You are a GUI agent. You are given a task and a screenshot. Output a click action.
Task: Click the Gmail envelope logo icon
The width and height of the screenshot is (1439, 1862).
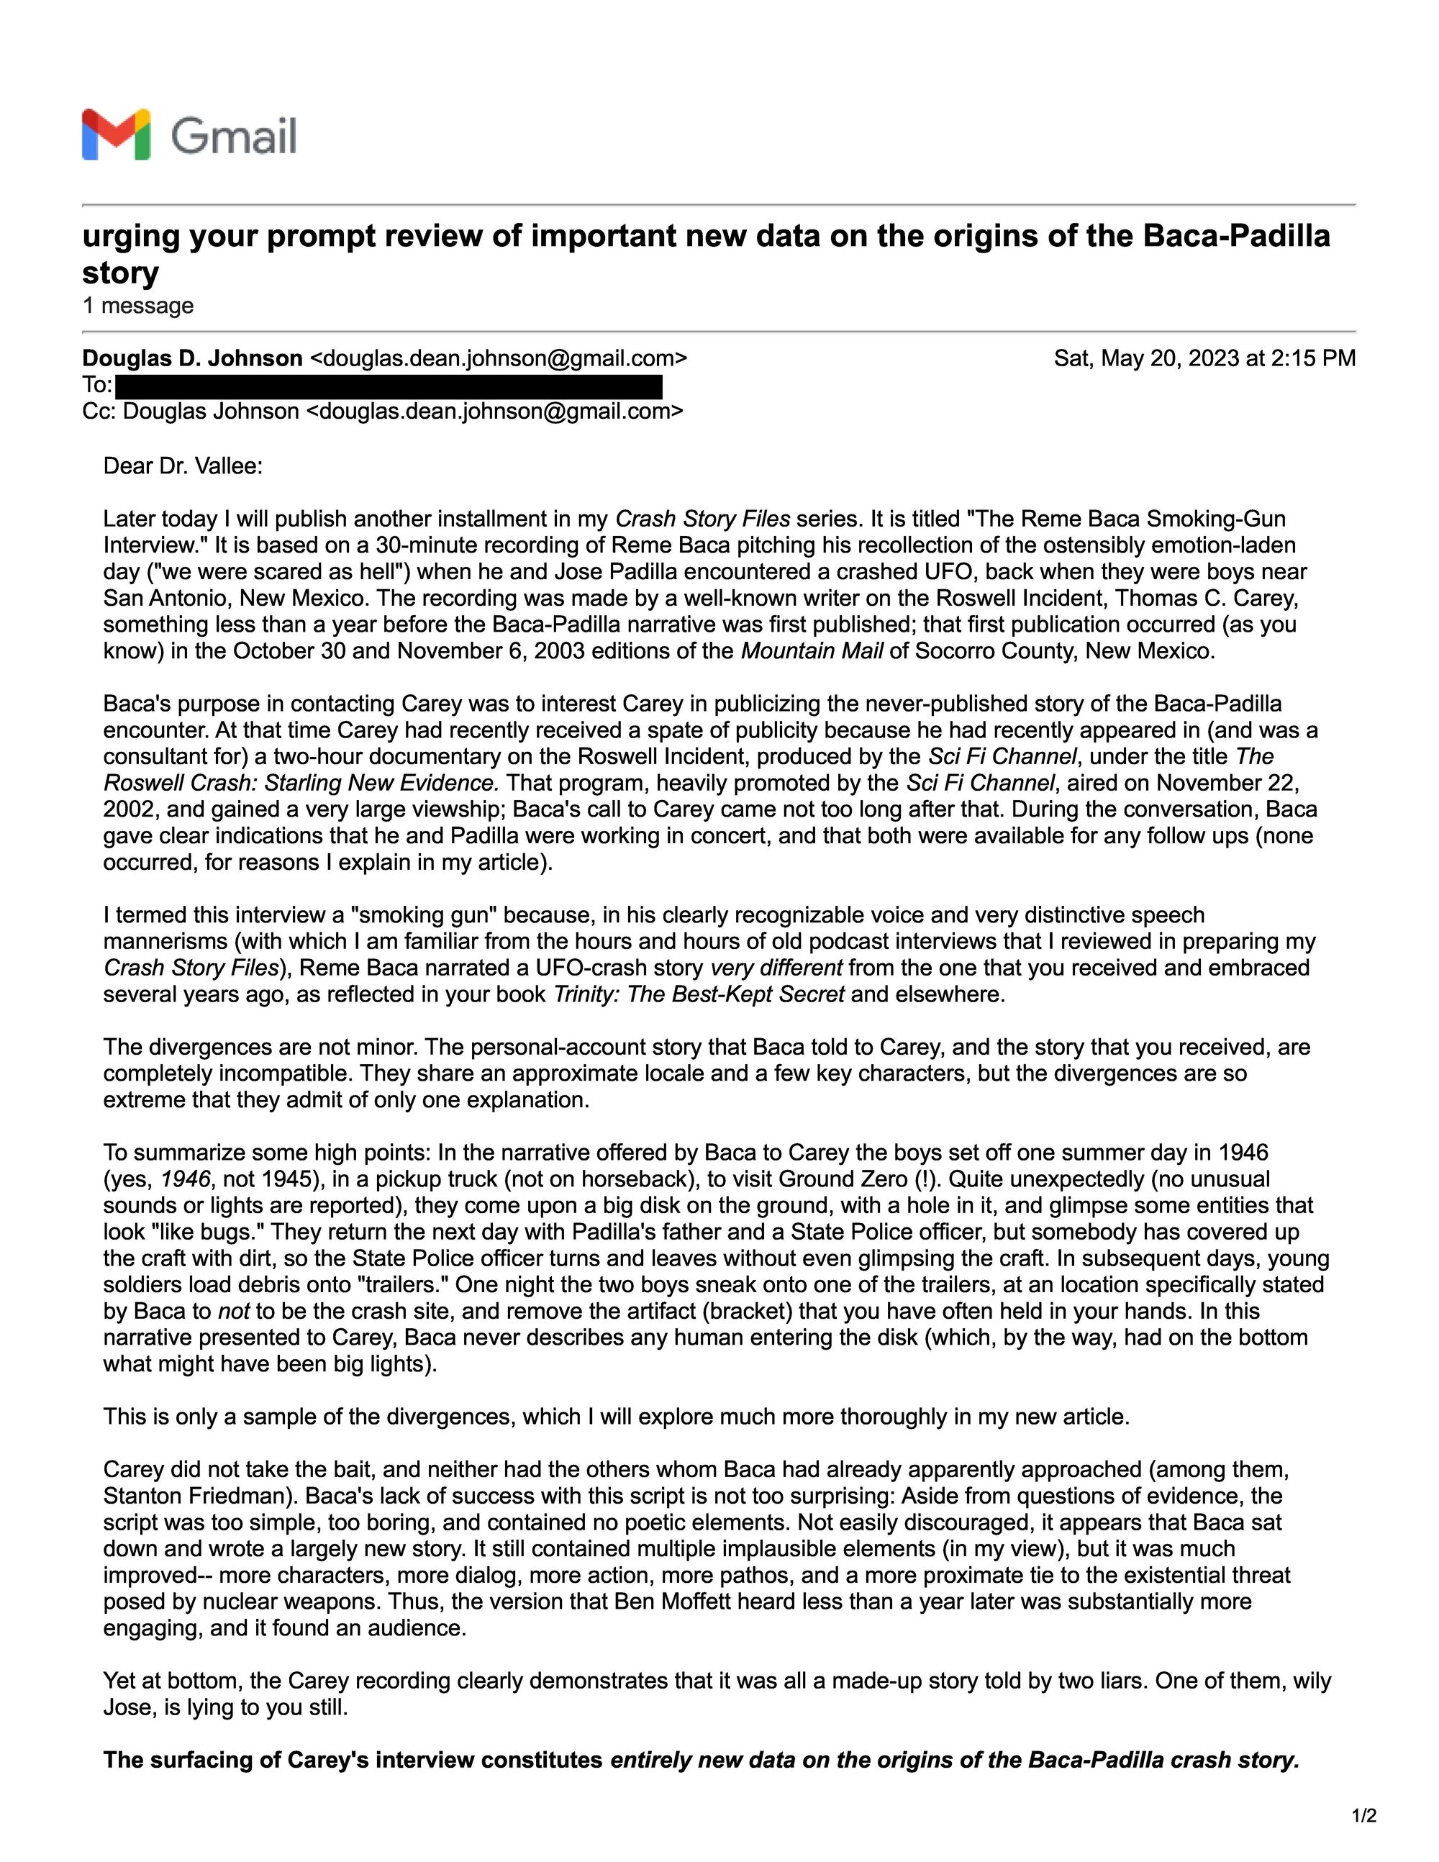(116, 135)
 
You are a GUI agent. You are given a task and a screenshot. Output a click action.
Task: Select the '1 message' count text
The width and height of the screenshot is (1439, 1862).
(138, 305)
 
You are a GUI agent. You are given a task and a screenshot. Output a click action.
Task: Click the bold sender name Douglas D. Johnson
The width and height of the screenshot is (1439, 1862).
(192, 358)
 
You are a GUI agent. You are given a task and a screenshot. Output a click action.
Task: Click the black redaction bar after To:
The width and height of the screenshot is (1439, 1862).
(389, 386)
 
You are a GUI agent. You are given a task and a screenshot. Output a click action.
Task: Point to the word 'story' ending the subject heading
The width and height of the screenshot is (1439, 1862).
(120, 273)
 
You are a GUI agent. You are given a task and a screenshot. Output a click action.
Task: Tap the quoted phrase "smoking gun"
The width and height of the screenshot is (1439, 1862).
(424, 914)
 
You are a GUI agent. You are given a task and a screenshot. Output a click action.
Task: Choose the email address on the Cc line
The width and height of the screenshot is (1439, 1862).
(494, 412)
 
